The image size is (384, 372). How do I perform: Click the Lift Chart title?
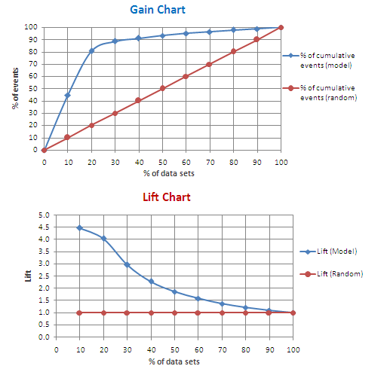167,198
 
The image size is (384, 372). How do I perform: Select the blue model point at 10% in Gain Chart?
68,95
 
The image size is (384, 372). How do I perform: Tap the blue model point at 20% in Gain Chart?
91,50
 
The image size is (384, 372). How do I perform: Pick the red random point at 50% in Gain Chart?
162,88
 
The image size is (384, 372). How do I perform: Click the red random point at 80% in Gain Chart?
233,51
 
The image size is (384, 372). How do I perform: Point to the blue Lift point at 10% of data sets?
79,227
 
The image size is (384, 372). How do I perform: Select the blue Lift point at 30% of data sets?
127,265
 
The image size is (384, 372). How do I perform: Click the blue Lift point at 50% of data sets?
174,291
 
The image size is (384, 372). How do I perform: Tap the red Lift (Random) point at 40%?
151,313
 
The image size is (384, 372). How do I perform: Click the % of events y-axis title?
15,88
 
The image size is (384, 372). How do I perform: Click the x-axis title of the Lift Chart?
174,363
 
